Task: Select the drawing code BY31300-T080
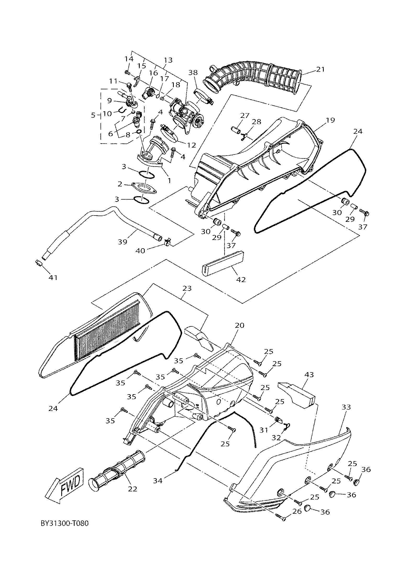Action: coord(65,530)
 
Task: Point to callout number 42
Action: coord(241,279)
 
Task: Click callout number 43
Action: coord(309,375)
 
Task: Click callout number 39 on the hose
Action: coord(122,241)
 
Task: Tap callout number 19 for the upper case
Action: coord(330,120)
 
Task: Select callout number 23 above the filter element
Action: coord(187,289)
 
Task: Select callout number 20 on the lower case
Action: coord(239,325)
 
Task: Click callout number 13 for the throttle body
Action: coord(168,60)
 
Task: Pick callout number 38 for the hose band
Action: coord(193,73)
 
